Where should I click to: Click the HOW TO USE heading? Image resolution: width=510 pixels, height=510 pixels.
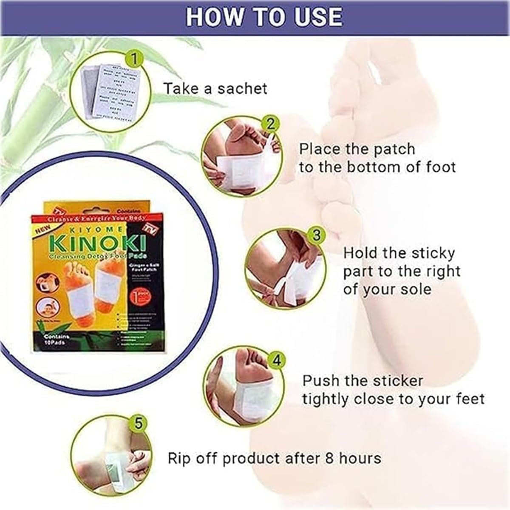tap(264, 17)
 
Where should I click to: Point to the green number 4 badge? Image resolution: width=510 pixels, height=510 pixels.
tap(276, 361)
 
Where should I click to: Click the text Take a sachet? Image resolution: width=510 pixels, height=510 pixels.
tap(215, 89)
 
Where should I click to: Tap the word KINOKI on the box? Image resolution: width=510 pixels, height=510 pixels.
tap(99, 243)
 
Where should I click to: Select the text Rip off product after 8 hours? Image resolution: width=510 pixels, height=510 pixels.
tap(274, 459)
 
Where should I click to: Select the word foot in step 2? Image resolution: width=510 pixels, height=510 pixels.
tap(440, 167)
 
